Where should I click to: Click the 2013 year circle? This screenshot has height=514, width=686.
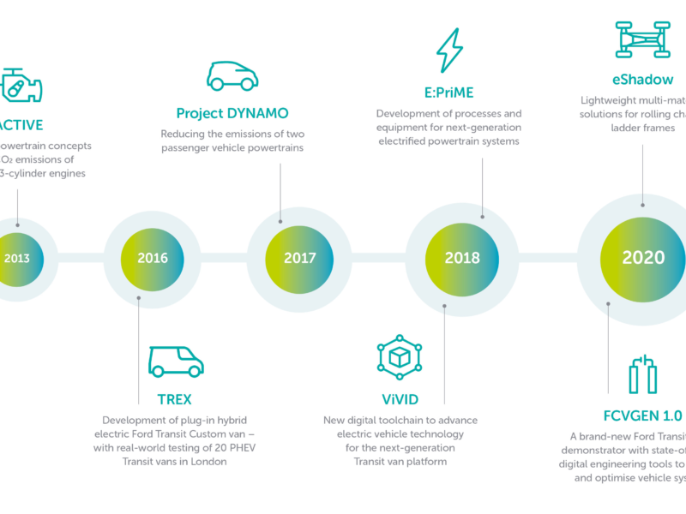15,258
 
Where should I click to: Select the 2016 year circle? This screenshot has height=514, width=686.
153,258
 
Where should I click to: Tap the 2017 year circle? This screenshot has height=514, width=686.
299,258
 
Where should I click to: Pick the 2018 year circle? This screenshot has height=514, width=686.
461,258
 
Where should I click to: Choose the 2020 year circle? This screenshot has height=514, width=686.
643,258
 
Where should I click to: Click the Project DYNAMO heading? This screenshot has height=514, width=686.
232,113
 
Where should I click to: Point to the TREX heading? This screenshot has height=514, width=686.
174,399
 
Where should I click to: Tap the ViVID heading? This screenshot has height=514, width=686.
400,399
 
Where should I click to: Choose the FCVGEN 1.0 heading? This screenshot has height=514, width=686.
642,415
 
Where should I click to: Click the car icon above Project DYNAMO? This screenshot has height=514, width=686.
232,76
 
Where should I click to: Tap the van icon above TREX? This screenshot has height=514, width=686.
176,362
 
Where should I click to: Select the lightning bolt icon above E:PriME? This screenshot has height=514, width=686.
449,51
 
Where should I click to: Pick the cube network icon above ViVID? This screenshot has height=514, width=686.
400,358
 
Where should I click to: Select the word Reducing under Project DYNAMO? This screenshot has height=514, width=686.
184,134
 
